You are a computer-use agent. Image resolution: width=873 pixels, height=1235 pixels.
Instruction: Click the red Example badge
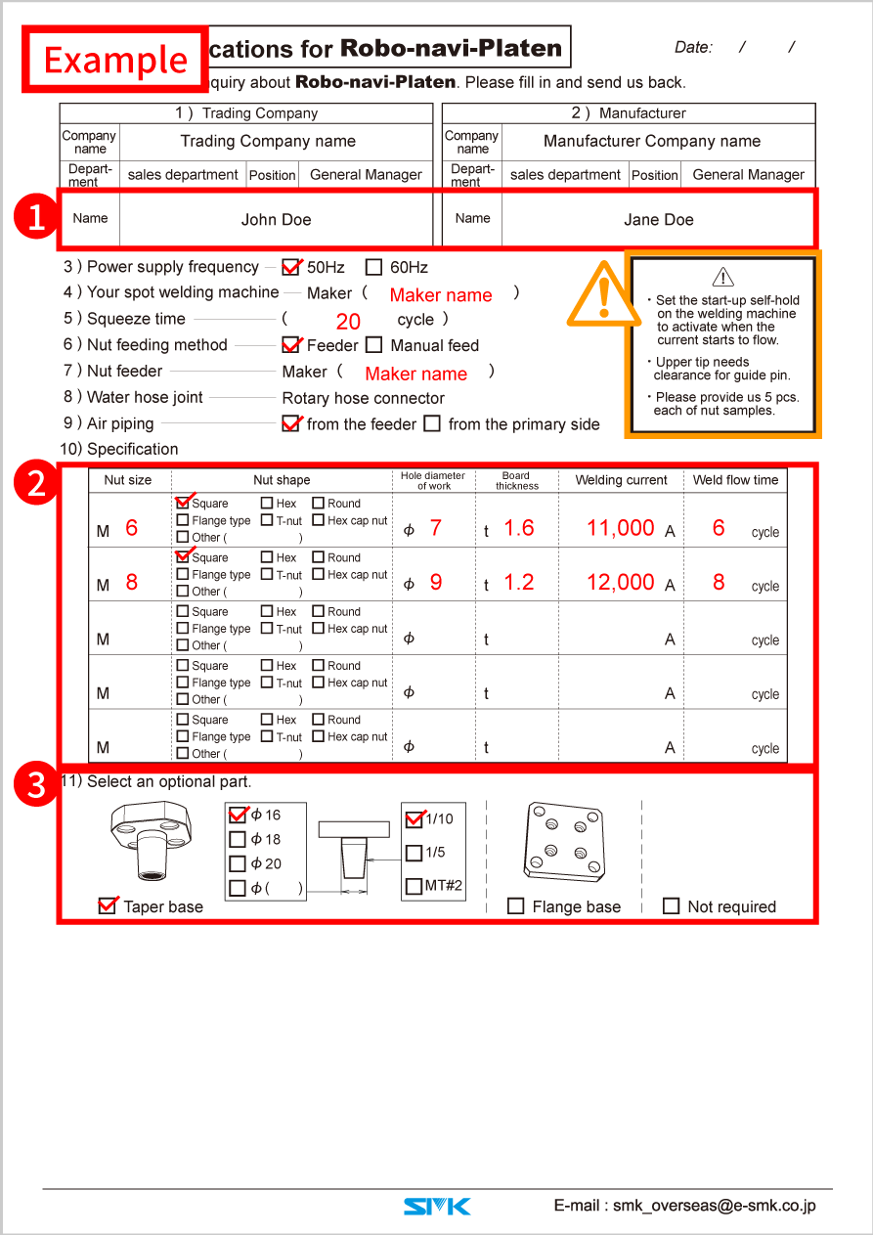point(115,60)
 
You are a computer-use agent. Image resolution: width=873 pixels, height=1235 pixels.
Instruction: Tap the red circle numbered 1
point(36,218)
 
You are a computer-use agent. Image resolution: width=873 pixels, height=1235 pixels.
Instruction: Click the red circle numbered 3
point(36,785)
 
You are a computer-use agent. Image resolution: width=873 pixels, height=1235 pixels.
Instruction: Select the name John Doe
point(276,220)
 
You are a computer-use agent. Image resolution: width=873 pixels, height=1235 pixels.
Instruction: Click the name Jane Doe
point(658,220)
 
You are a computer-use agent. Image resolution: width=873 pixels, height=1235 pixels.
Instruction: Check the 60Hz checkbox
point(373,267)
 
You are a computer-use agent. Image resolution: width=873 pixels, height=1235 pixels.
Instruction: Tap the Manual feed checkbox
point(373,345)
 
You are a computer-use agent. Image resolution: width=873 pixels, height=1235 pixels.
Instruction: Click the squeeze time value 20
point(348,322)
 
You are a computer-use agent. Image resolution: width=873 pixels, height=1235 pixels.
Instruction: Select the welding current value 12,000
point(620,582)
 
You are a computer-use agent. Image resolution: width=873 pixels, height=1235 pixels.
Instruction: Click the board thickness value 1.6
point(518,528)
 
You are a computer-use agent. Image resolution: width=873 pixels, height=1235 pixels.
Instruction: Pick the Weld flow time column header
point(735,480)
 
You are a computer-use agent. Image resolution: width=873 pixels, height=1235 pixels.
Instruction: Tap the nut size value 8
point(132,582)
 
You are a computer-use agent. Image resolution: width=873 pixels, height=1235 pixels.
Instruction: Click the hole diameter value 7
point(435,528)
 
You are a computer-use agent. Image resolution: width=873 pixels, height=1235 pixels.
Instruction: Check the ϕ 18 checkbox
point(238,839)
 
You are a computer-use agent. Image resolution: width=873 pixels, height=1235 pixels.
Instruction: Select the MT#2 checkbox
point(414,887)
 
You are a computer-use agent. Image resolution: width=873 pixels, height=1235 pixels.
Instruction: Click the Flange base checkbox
point(516,906)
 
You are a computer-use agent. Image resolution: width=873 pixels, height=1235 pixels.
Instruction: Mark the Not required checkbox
point(671,906)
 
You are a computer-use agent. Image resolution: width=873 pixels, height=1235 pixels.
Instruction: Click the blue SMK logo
point(437,1207)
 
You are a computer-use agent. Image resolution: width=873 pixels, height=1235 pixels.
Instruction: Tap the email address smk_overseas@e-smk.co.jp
point(684,1206)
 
